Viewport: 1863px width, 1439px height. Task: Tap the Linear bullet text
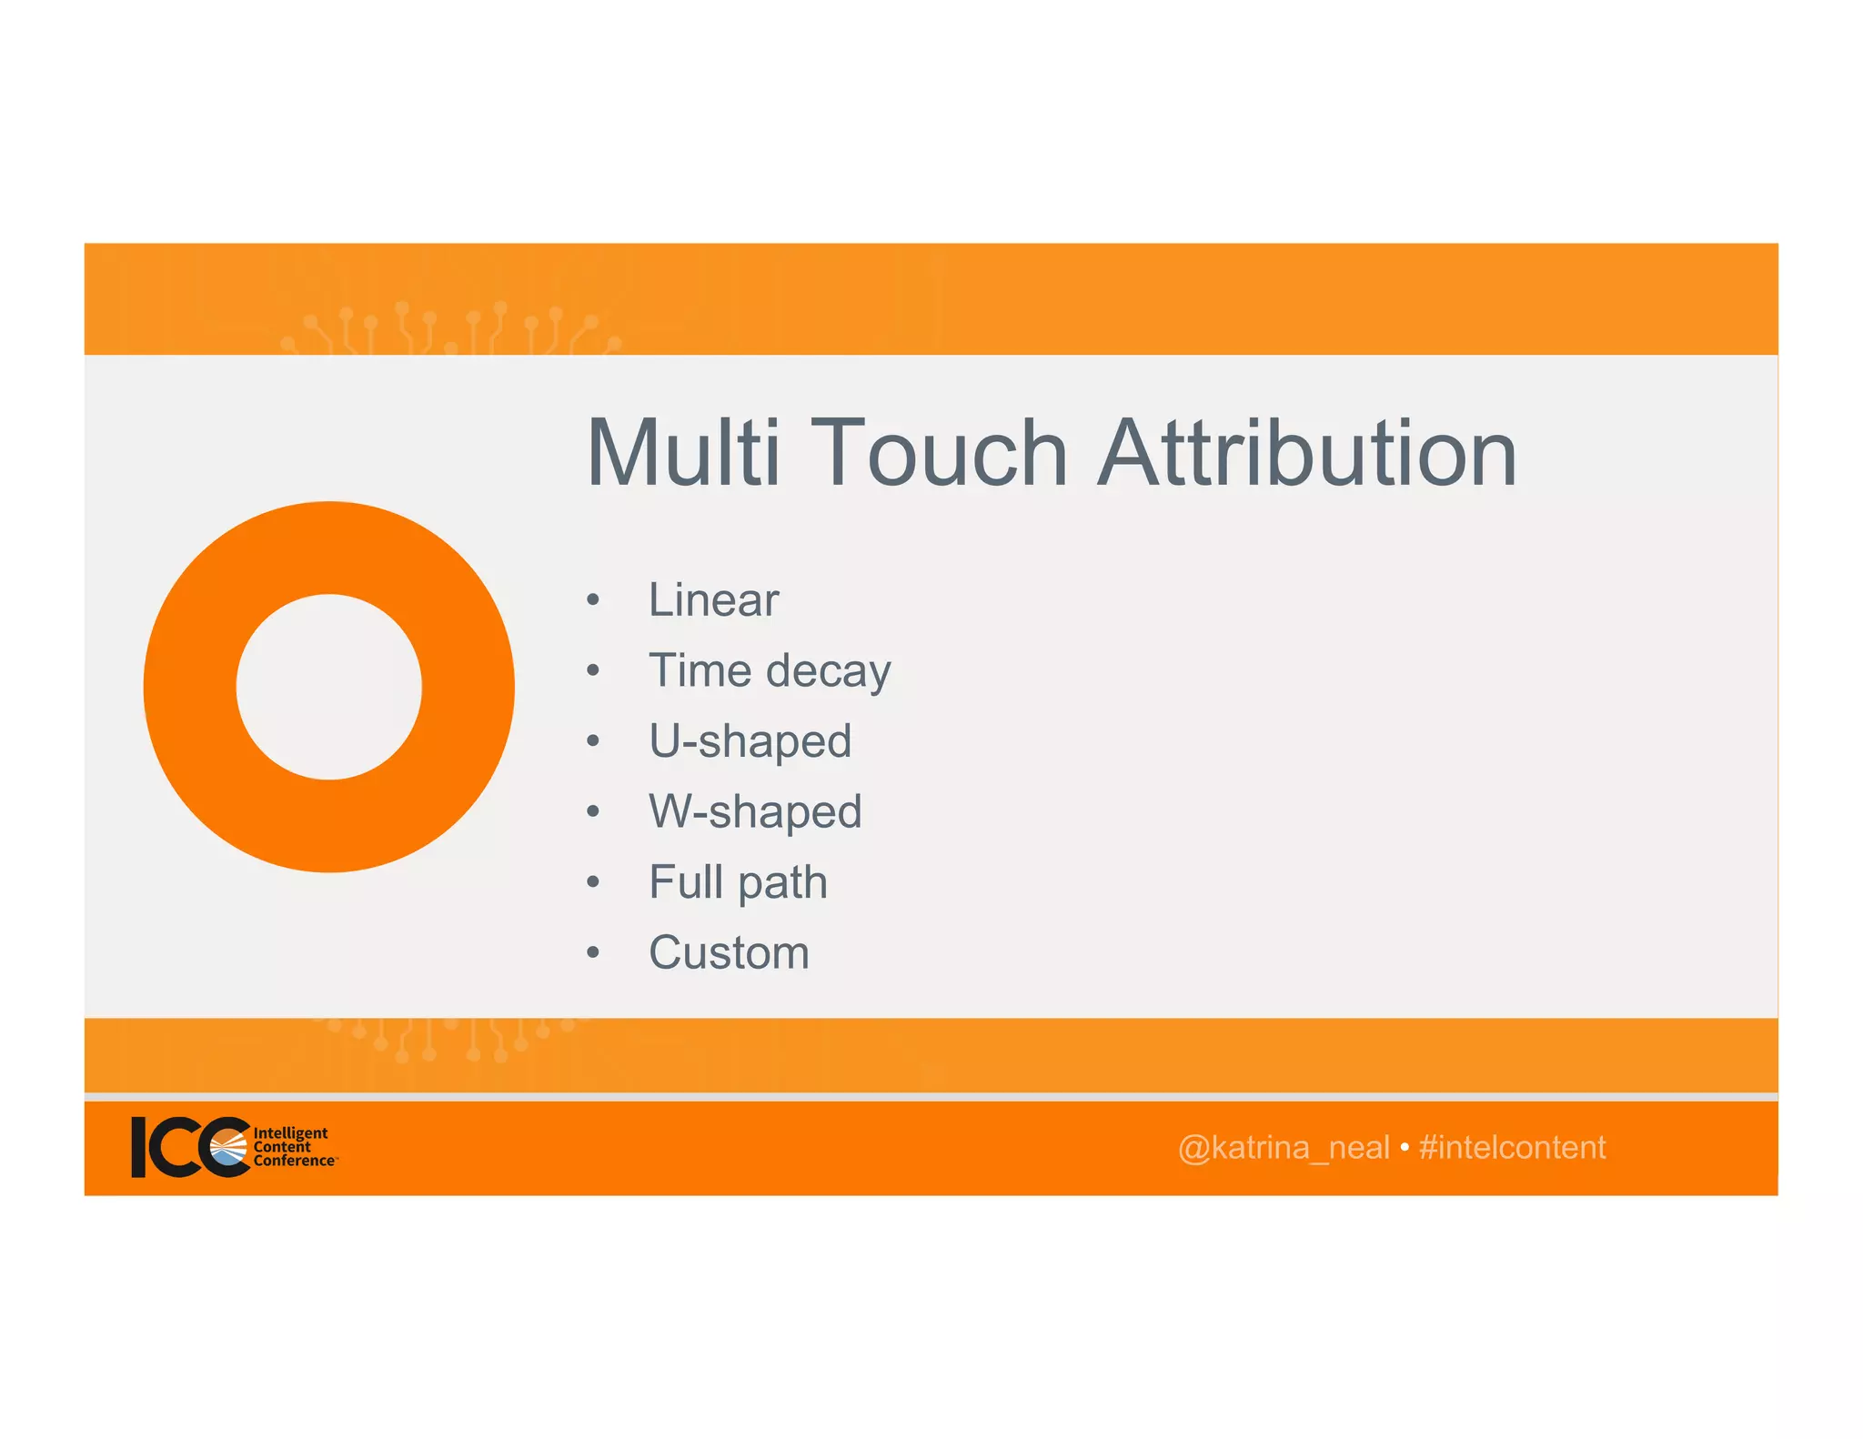point(713,600)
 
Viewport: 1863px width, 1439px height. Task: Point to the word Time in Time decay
point(700,670)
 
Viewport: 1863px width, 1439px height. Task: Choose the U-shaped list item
point(750,741)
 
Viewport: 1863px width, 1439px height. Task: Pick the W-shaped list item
point(754,811)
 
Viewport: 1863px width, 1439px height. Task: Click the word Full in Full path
point(685,881)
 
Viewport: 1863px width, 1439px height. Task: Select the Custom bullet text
point(729,952)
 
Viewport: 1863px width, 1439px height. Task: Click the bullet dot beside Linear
point(593,600)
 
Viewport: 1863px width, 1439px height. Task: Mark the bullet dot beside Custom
point(593,953)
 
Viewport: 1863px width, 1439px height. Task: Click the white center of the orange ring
point(329,687)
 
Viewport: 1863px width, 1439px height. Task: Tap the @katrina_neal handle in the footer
point(1283,1148)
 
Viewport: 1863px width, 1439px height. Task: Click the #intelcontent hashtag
point(1512,1148)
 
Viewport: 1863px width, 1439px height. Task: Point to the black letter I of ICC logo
point(139,1147)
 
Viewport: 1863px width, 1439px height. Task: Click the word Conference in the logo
point(293,1161)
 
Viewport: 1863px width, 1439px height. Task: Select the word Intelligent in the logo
point(290,1132)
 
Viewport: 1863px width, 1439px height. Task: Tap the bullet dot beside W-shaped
point(593,811)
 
